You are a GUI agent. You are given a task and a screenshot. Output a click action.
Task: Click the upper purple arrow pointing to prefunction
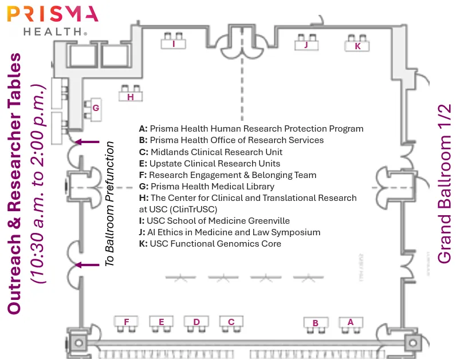tap(87, 142)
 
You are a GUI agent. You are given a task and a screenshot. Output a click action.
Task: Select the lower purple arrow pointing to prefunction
tap(87, 265)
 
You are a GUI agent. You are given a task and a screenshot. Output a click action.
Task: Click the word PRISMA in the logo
tap(53, 14)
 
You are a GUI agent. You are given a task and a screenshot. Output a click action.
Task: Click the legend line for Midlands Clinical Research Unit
tap(211, 152)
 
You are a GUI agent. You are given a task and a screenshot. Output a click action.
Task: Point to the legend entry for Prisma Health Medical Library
tap(207, 186)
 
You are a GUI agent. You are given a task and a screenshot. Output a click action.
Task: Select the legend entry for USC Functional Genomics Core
tap(210, 243)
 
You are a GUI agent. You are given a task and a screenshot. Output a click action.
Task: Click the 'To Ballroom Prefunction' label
tap(109, 204)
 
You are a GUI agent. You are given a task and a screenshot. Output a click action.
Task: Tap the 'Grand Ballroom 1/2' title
tap(444, 184)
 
